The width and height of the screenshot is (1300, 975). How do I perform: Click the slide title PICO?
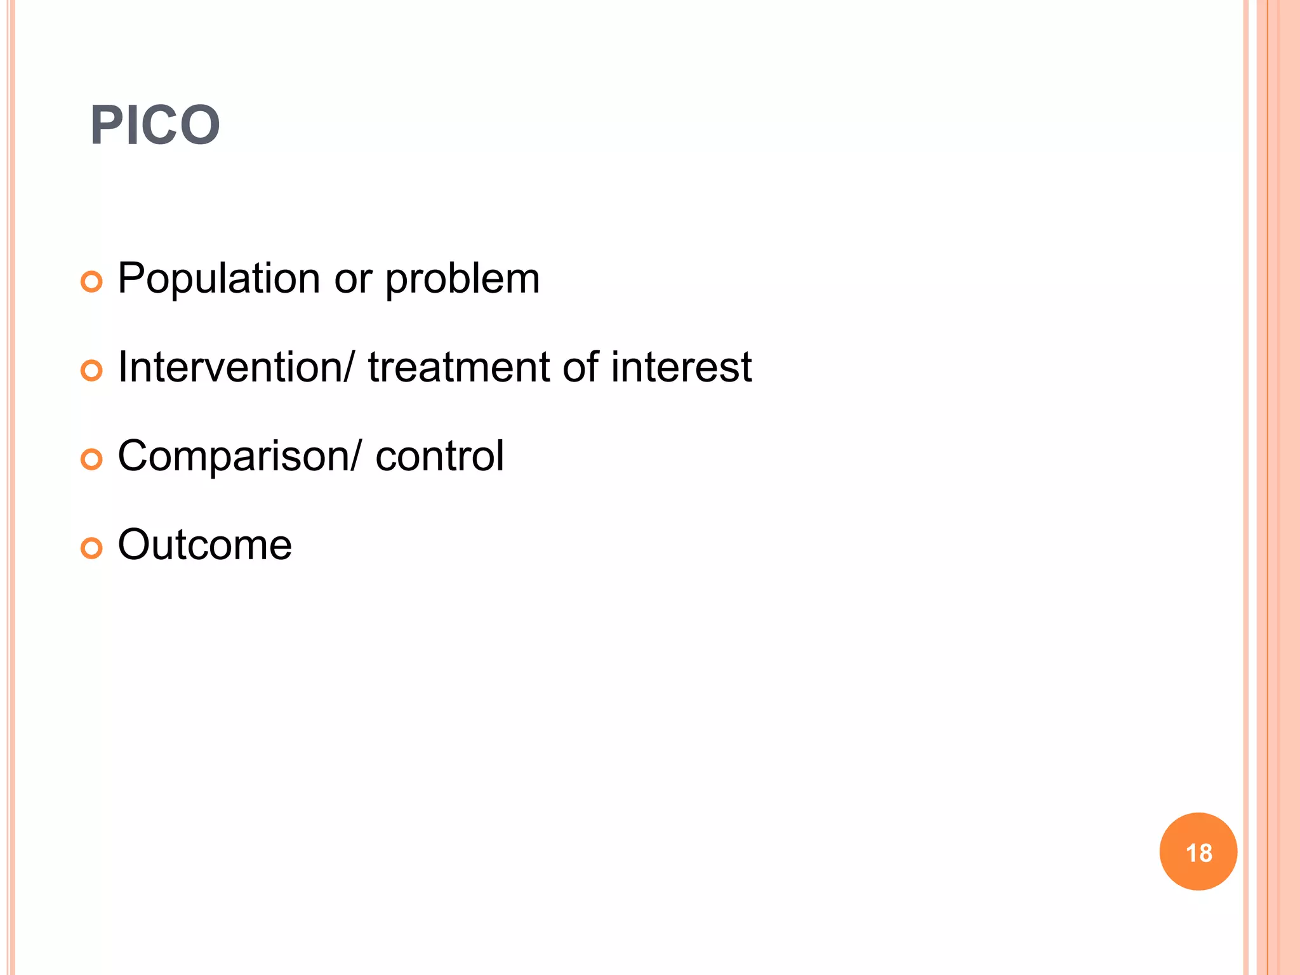[155, 126]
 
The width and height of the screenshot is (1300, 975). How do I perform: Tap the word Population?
[218, 279]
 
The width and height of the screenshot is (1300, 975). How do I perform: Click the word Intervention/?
[235, 368]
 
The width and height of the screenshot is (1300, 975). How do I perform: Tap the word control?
[439, 456]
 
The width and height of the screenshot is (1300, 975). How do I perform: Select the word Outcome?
[204, 545]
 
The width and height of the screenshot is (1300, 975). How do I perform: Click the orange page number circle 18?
[1198, 852]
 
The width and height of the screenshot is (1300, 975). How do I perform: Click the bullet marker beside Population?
[91, 282]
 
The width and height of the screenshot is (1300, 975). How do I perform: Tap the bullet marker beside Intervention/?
[91, 371]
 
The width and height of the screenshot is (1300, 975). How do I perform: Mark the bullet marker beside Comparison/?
[91, 460]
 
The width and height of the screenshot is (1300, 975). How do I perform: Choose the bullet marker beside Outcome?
[91, 548]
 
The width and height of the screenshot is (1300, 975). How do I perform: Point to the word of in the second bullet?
[580, 368]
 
